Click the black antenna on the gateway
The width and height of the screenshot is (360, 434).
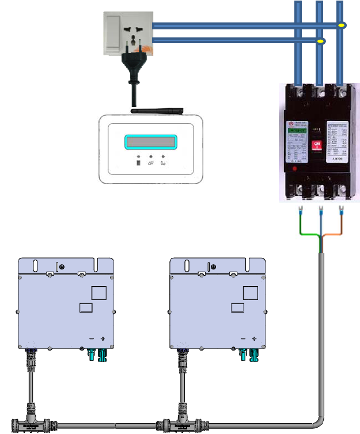[156, 109]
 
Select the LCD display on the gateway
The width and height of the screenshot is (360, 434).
[150, 142]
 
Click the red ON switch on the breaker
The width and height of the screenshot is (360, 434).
[316, 146]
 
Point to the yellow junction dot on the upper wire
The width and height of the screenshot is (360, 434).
[342, 25]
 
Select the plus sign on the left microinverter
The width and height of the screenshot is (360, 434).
[103, 338]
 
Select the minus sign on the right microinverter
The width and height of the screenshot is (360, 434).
[242, 338]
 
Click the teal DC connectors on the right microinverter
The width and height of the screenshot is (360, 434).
[248, 355]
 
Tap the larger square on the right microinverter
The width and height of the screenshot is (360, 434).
[251, 292]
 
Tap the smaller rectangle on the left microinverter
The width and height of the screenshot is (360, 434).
[85, 307]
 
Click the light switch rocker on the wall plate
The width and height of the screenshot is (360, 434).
[113, 26]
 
